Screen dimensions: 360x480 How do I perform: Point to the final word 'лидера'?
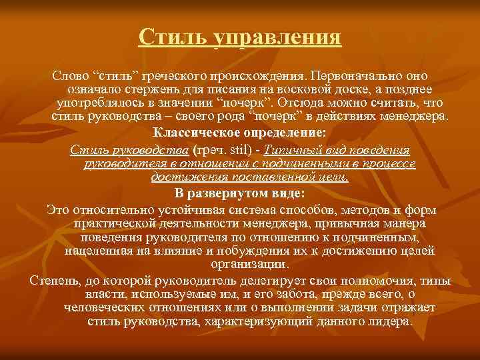(390, 321)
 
